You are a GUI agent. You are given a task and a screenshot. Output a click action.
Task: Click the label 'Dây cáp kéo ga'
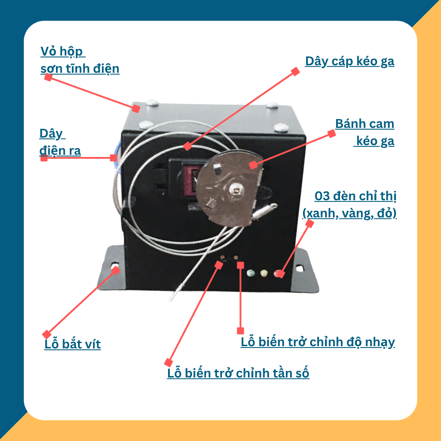click(x=349, y=61)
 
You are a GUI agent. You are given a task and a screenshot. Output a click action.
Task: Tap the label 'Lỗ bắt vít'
click(x=72, y=344)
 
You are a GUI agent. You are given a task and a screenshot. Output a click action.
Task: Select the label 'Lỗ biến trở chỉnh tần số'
click(x=238, y=373)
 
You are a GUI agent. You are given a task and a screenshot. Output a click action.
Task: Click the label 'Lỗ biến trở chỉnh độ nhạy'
click(x=318, y=342)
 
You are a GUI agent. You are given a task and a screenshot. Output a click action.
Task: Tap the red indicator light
click(x=278, y=273)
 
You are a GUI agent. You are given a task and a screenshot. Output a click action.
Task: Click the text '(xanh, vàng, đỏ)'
click(x=349, y=213)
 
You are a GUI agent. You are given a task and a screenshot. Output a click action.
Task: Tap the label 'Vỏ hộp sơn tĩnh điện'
click(x=79, y=60)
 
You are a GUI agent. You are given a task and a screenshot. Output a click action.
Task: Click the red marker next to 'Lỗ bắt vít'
click(x=46, y=334)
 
